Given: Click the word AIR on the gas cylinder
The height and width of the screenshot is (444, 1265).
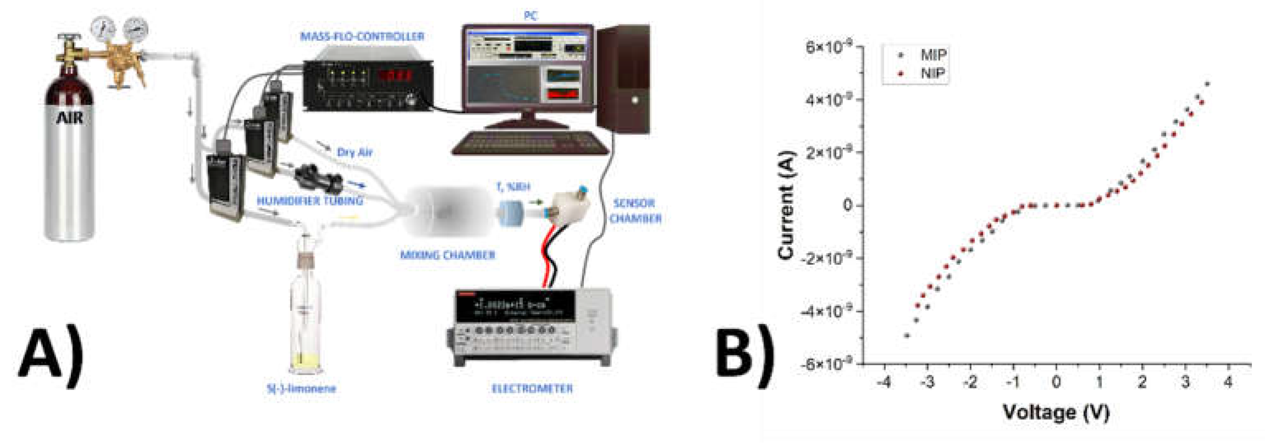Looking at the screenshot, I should click(69, 118).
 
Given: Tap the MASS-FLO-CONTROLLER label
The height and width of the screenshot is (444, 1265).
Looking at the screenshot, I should click(362, 36).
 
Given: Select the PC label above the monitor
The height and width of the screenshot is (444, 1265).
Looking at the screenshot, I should click(530, 16).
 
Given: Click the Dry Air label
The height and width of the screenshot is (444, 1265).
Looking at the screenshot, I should click(354, 152).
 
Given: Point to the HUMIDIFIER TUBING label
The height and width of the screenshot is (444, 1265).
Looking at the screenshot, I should click(310, 200).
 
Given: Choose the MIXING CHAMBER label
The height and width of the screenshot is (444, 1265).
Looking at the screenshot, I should click(447, 255).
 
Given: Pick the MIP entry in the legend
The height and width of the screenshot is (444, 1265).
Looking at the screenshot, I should click(932, 55).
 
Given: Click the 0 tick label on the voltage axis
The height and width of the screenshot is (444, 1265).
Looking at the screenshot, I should click(1056, 382).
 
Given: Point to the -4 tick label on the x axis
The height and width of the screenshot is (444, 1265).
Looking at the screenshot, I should click(884, 382).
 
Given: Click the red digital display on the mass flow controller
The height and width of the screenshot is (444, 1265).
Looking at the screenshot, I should click(395, 75).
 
